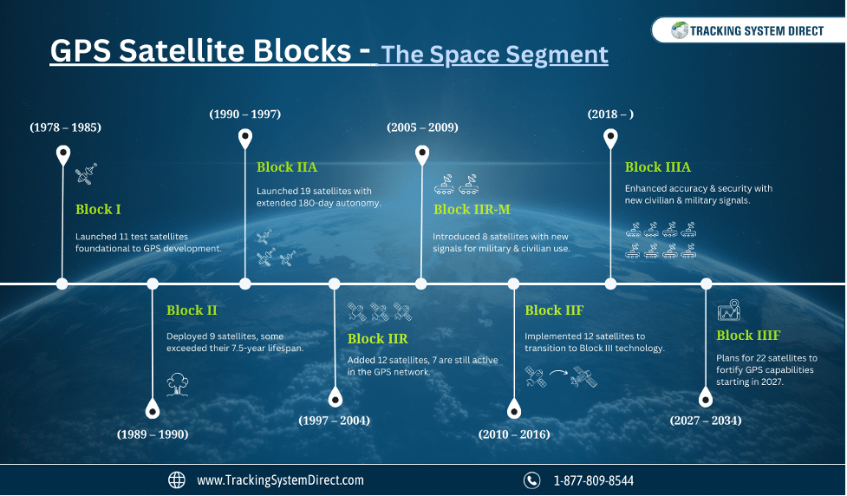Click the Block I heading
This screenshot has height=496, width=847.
pyautogui.click(x=98, y=209)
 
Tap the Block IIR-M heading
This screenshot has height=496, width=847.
pyautogui.click(x=472, y=209)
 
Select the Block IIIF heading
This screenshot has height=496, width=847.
pyautogui.click(x=748, y=335)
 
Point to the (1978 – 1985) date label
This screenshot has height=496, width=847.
pyautogui.click(x=65, y=127)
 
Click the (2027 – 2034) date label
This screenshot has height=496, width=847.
pyautogui.click(x=706, y=421)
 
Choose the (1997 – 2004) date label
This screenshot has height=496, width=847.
pyautogui.click(x=335, y=421)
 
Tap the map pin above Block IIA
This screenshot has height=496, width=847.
pyautogui.click(x=245, y=139)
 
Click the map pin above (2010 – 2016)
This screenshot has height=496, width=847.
pyautogui.click(x=514, y=409)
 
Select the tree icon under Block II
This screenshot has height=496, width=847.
pyautogui.click(x=177, y=384)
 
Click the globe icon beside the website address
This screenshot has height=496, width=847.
pyautogui.click(x=177, y=480)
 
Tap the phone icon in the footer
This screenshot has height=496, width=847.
pyautogui.click(x=531, y=480)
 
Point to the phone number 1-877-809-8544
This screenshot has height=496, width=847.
pyautogui.click(x=594, y=480)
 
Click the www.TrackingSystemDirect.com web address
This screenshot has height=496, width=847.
pyautogui.click(x=280, y=480)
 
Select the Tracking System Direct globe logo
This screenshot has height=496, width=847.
pyautogui.click(x=680, y=30)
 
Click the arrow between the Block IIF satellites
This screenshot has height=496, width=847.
pyautogui.click(x=558, y=372)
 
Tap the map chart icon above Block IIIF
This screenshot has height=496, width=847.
pyautogui.click(x=729, y=310)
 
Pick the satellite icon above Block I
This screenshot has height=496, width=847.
pyautogui.click(x=86, y=173)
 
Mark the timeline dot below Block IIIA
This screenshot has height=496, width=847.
pyautogui.click(x=610, y=284)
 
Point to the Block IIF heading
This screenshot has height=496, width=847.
pyautogui.click(x=554, y=310)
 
